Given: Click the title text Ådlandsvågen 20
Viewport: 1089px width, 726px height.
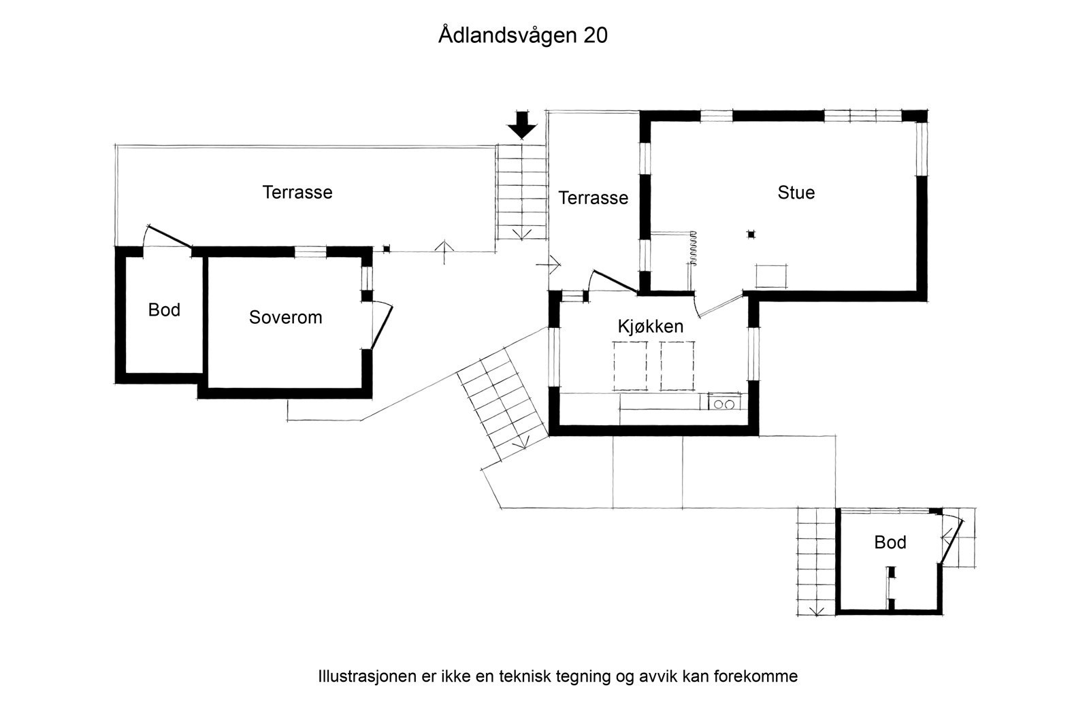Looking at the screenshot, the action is point(523,35).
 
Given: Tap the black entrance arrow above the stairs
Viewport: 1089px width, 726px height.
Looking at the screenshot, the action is point(522,125).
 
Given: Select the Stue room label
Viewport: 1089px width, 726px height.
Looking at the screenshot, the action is point(796,193).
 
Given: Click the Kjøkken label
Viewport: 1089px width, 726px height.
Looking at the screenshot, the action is point(651,326).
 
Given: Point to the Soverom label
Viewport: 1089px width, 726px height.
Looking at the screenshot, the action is point(285,317).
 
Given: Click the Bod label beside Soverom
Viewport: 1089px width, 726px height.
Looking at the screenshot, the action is point(164,310).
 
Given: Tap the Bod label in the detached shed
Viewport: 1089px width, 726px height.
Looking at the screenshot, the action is point(890,542).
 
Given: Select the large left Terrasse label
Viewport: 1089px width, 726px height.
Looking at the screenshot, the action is point(297,193).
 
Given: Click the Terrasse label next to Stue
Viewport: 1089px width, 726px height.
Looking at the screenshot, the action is point(593,198).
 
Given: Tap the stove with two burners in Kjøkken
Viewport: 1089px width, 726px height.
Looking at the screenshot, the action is point(724,403).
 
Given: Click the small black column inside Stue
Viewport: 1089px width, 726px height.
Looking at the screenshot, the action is point(751,234).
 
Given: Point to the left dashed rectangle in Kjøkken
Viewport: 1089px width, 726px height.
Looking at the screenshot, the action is point(630,366).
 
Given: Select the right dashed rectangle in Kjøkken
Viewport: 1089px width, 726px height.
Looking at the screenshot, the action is point(677,366).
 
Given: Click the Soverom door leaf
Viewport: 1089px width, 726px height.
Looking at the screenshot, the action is point(382,327).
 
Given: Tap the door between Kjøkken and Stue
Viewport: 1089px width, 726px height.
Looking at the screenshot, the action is point(721,306).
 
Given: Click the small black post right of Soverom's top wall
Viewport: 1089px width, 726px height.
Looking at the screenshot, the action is point(387,249).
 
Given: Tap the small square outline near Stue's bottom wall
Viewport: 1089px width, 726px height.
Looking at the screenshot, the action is point(772,276).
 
